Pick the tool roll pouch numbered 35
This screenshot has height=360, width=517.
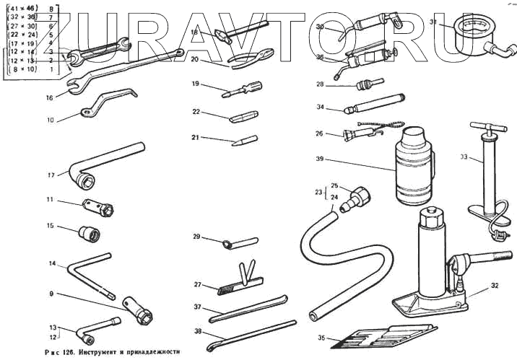(x=383, y=337)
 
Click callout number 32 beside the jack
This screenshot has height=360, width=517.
(x=494, y=286)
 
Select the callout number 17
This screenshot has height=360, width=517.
(x=51, y=175)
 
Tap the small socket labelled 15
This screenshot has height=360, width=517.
(x=90, y=233)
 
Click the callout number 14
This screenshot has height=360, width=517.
(x=53, y=264)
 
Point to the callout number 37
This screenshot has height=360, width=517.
(x=197, y=307)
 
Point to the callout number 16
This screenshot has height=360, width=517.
(x=50, y=97)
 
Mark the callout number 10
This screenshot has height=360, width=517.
(x=51, y=120)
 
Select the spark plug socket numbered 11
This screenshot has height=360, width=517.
(x=97, y=207)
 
